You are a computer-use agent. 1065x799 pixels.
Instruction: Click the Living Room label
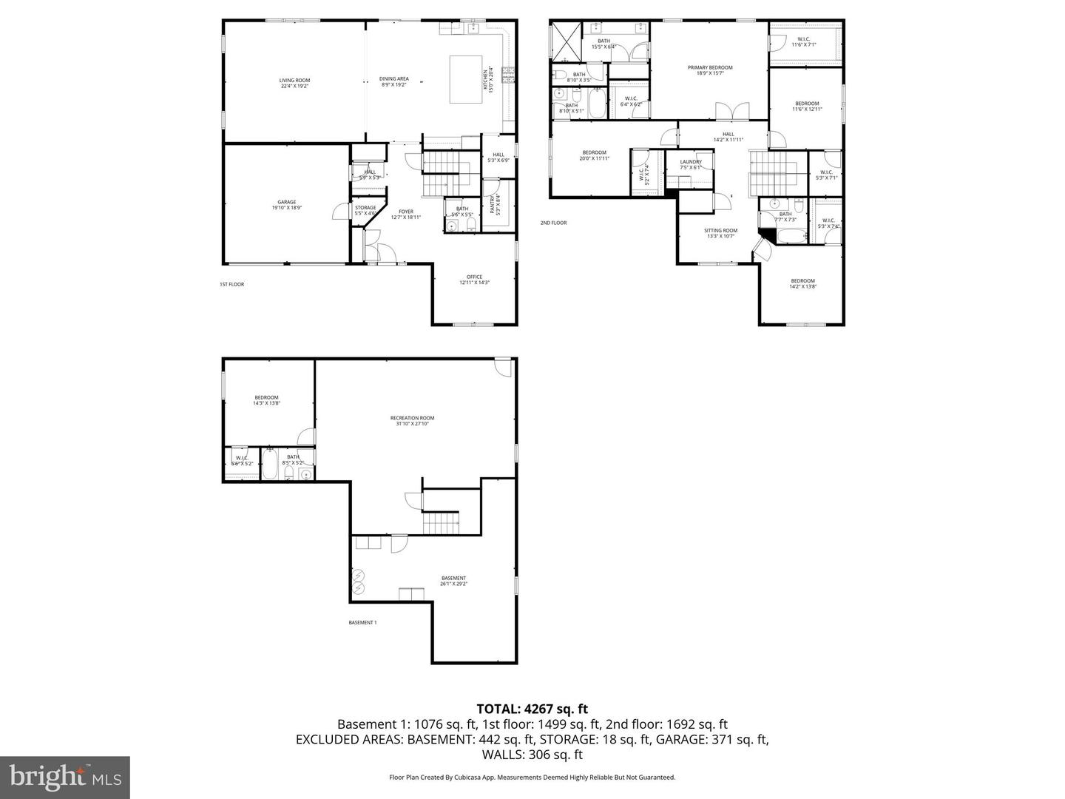(x=294, y=83)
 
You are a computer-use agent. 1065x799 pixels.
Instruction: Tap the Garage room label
(x=286, y=205)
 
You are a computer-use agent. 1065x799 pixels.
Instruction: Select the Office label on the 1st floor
(x=474, y=280)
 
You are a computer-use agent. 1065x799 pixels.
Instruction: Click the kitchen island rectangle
(x=467, y=80)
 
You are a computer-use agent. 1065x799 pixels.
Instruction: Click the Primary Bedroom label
(x=709, y=70)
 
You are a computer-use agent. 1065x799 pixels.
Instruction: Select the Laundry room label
(x=690, y=164)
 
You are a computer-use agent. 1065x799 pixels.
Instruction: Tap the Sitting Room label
(x=720, y=233)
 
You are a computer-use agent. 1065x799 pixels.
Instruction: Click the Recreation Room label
(x=412, y=420)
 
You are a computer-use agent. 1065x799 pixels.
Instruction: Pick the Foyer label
(x=406, y=214)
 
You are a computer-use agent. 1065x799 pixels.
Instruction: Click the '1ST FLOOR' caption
(x=231, y=284)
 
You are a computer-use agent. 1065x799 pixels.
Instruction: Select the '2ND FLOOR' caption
(x=553, y=223)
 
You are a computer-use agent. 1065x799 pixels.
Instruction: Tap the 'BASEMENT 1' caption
(x=362, y=622)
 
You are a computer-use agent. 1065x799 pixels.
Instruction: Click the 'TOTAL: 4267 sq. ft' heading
(x=532, y=709)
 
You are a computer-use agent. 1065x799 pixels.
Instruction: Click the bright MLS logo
(x=65, y=777)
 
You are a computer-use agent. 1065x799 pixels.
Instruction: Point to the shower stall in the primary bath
(x=566, y=41)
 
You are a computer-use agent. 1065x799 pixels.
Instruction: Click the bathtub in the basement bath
(x=270, y=466)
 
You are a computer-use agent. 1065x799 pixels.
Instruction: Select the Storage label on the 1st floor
(x=365, y=210)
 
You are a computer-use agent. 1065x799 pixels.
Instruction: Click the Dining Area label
(x=393, y=81)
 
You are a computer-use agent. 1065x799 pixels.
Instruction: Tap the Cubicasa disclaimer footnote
(x=532, y=778)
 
